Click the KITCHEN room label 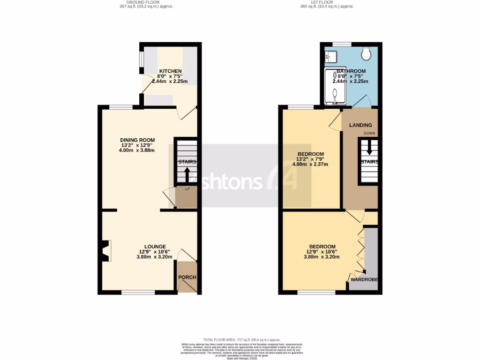pos(170,71)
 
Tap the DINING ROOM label pos(137,140)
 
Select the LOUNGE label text pos(155,247)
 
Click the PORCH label pos(187,277)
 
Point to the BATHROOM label pos(350,71)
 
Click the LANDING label pos(360,125)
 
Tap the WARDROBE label pos(363,280)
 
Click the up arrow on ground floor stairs pos(187,175)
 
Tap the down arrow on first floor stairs pos(369,149)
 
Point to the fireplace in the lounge pos(105,251)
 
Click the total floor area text pos(241,339)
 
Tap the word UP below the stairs pos(187,189)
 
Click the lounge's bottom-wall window pos(138,292)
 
